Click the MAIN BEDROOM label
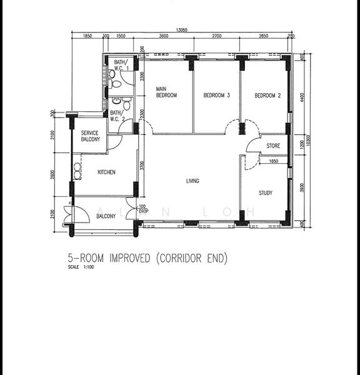pyautogui.click(x=166, y=92)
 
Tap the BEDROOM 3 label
pyautogui.click(x=217, y=96)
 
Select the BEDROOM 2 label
pyautogui.click(x=267, y=96)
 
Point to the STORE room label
pyautogui.click(x=273, y=146)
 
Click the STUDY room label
pyautogui.click(x=266, y=193)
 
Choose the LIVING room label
pyautogui.click(x=192, y=181)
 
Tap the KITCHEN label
pyautogui.click(x=106, y=172)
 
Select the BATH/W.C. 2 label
pyautogui.click(x=117, y=116)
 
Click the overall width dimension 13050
pyautogui.click(x=182, y=29)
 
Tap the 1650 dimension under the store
pyautogui.click(x=274, y=161)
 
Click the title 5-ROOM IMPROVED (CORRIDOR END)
pyautogui.click(x=147, y=258)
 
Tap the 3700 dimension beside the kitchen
pyautogui.click(x=142, y=166)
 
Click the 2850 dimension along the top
pyautogui.click(x=264, y=36)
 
